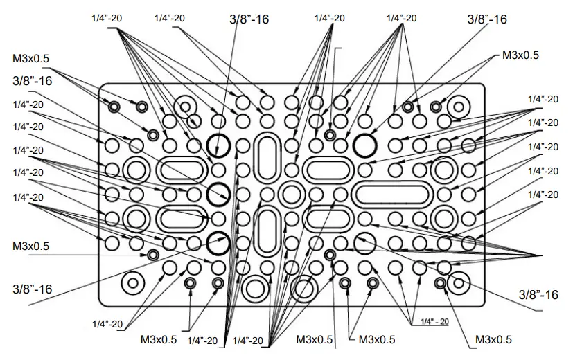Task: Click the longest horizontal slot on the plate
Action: click(391, 195)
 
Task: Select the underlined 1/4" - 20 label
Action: click(430, 321)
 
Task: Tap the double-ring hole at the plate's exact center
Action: click(292, 195)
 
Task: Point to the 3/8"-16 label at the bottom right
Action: click(538, 295)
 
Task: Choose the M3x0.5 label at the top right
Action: click(520, 55)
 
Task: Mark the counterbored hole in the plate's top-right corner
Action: click(458, 107)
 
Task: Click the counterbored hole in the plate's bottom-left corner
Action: click(132, 282)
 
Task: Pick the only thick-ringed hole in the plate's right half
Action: click(364, 145)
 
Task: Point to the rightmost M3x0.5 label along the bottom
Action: click(493, 339)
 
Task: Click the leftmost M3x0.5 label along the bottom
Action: click(159, 339)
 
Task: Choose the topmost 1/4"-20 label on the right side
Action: click(543, 99)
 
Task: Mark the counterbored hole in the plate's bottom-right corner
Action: click(458, 282)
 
